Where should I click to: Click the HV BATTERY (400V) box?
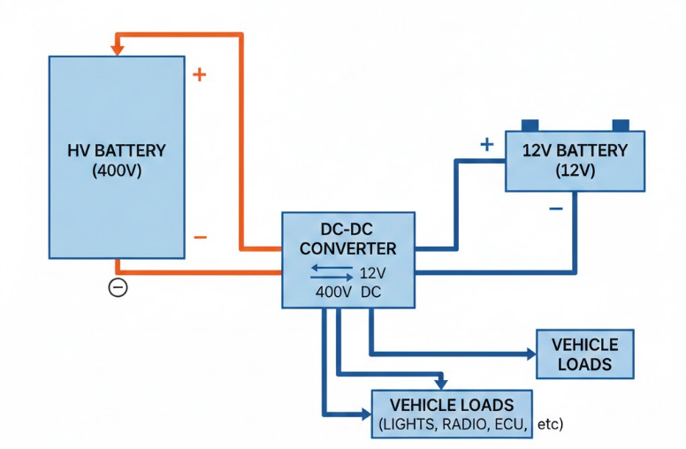pyautogui.click(x=117, y=157)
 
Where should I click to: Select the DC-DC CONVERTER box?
pyautogui.click(x=347, y=259)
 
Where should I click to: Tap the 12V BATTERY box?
pyautogui.click(x=575, y=160)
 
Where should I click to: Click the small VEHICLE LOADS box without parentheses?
pyautogui.click(x=584, y=354)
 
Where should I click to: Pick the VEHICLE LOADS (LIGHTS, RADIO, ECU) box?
pyautogui.click(x=452, y=414)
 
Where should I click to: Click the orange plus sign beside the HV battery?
pyautogui.click(x=199, y=74)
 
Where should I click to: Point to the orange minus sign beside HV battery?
pyautogui.click(x=200, y=237)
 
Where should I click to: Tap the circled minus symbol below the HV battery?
pyautogui.click(x=118, y=286)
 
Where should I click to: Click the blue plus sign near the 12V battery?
pyautogui.click(x=485, y=144)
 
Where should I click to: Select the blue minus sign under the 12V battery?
pyautogui.click(x=555, y=209)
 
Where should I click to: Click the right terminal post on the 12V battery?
pyautogui.click(x=621, y=125)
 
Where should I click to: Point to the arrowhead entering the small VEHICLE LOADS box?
pyautogui.click(x=530, y=354)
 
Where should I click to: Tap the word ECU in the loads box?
pyautogui.click(x=510, y=425)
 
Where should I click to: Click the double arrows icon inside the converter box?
pyautogui.click(x=328, y=271)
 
